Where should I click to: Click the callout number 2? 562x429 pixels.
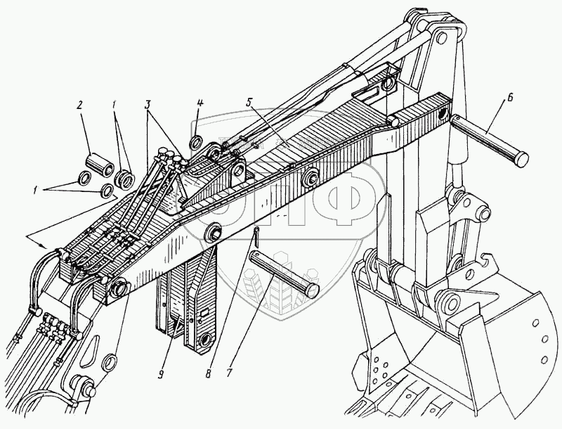(80, 105)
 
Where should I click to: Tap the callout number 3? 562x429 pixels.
(148, 105)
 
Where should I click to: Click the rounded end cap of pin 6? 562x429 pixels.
(520, 158)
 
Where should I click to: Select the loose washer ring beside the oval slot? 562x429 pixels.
(110, 364)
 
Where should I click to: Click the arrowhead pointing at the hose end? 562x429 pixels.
(47, 247)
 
